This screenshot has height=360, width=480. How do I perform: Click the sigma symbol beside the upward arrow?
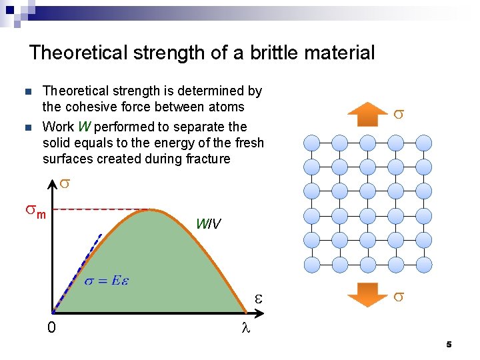398,114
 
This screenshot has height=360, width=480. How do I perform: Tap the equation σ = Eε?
107,280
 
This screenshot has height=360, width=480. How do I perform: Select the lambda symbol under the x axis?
245,328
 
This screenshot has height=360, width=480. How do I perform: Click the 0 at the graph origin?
51,328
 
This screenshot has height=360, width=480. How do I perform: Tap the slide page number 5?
449,345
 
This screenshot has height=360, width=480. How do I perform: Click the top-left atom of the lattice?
312,142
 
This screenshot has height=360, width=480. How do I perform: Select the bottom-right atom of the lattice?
424,265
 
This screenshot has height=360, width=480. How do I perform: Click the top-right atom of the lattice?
424,142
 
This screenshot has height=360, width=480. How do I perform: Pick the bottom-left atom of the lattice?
312,265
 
